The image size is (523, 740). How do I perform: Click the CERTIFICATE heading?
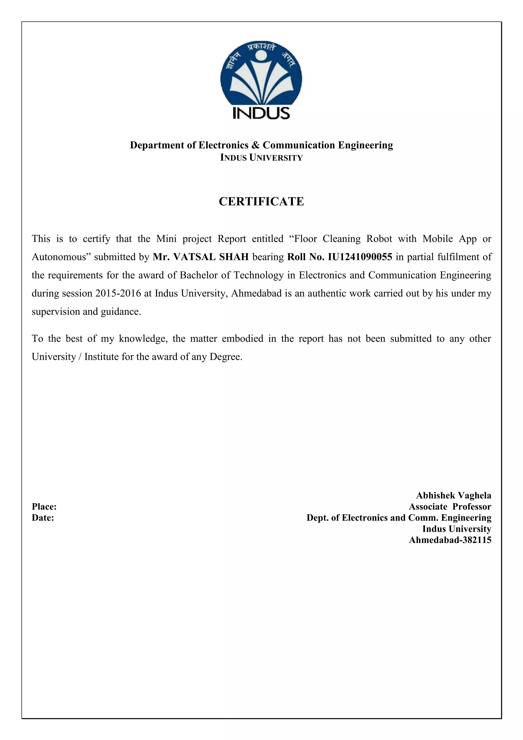[x=261, y=201]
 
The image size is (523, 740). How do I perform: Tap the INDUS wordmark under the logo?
[x=261, y=113]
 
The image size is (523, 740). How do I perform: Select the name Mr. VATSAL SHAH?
[x=201, y=257]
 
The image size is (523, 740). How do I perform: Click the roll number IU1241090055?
[x=360, y=257]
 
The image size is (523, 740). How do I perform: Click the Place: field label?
[x=44, y=507]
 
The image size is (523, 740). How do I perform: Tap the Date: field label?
[x=43, y=518]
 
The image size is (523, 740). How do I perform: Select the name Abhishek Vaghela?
[x=454, y=495]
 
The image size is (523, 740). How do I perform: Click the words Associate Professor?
[x=450, y=507]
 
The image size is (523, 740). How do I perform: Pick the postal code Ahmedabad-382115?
[x=450, y=540]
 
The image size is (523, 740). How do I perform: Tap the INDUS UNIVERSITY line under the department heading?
[x=261, y=158]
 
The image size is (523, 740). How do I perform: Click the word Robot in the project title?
[x=379, y=239]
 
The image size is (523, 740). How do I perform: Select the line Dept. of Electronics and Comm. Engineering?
[x=399, y=518]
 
